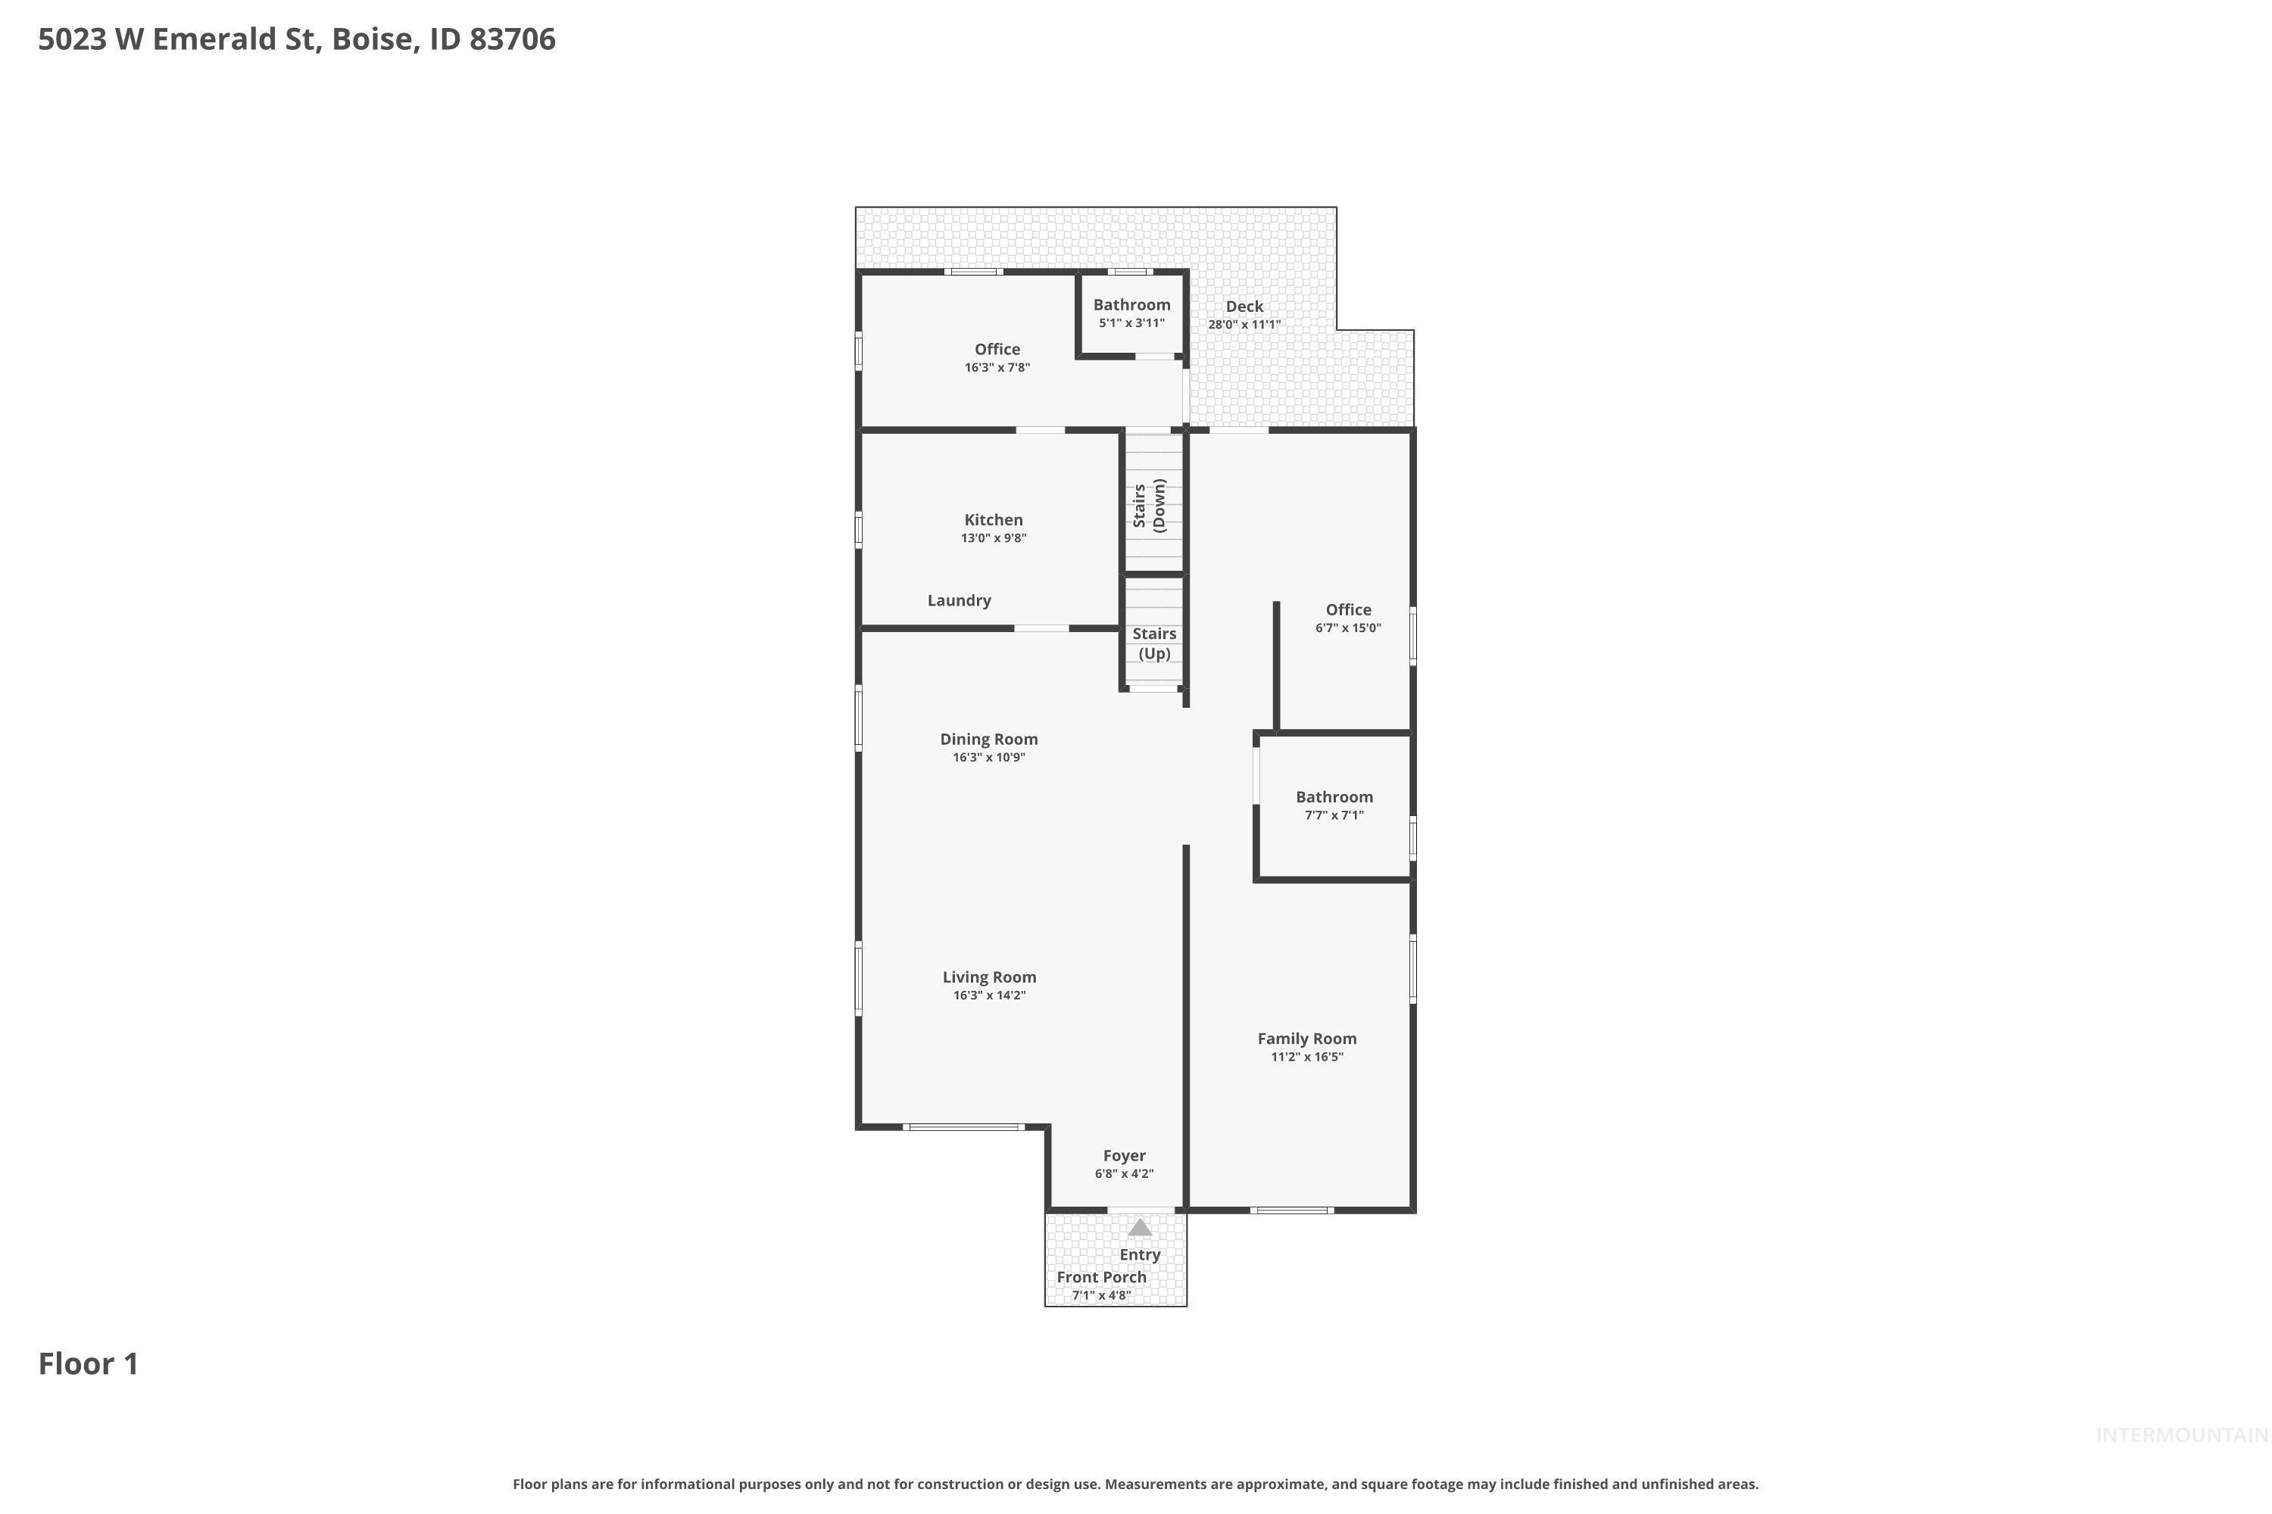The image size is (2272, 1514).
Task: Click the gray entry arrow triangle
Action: click(1140, 1227)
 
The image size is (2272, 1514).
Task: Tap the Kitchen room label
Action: click(993, 519)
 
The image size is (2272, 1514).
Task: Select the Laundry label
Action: click(960, 600)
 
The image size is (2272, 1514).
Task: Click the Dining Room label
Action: click(989, 739)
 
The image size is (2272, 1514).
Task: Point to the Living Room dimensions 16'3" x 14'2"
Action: click(989, 995)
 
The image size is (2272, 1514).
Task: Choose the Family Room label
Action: click(1307, 1038)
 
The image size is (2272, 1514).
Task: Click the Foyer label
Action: click(1125, 1156)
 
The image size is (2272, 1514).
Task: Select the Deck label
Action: click(1244, 306)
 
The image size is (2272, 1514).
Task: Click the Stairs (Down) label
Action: click(1150, 506)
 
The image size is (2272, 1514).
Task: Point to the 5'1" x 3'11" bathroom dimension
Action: click(1132, 323)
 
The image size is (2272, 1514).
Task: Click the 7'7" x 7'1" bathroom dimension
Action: click(1334, 815)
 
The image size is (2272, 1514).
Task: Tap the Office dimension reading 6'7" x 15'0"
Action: click(1349, 628)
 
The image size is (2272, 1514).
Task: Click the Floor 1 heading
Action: click(89, 1363)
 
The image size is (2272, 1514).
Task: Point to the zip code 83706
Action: click(512, 39)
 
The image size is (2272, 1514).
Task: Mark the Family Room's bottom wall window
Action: click(1291, 1210)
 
